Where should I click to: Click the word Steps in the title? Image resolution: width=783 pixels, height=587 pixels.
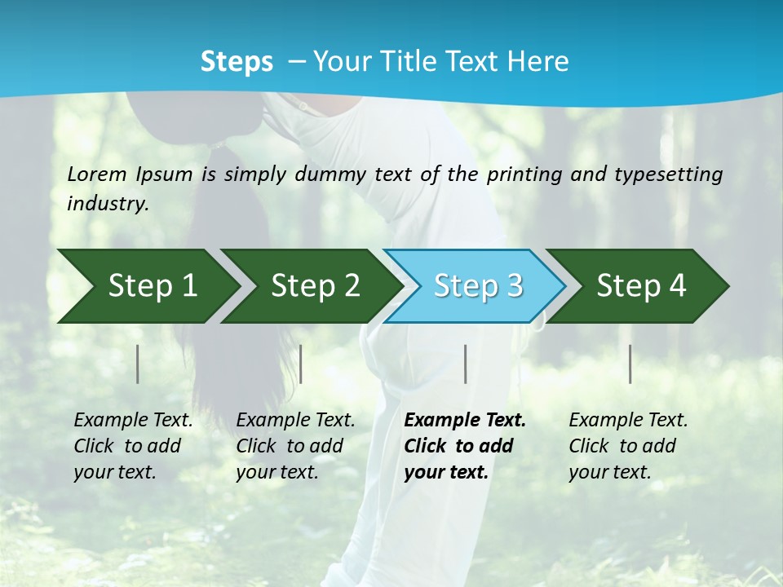[237, 61]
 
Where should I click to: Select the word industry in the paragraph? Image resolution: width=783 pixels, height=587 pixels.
[108, 204]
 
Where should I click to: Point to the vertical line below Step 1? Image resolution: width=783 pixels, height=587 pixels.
[138, 364]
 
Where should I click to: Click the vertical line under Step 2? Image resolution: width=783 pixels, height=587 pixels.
[301, 364]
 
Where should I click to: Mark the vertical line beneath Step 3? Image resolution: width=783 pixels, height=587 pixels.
[465, 364]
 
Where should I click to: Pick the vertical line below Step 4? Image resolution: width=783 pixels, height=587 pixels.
[630, 364]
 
